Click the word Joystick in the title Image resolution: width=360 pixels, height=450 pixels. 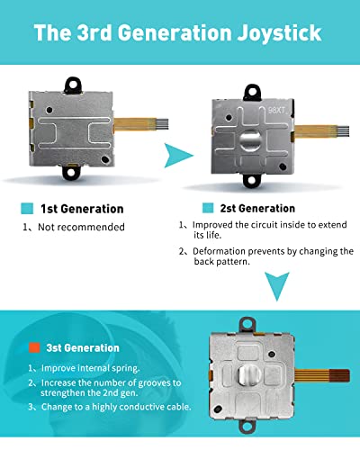[279, 33]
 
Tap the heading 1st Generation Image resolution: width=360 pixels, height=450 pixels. [82, 209]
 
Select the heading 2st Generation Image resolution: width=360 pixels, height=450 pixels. [257, 208]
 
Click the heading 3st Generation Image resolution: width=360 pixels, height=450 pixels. [83, 348]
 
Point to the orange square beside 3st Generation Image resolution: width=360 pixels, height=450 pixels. [34, 347]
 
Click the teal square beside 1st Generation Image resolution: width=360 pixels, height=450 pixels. [27, 209]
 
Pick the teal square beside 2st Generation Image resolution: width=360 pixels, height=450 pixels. [208, 208]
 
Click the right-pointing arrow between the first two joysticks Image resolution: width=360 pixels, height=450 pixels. [176, 156]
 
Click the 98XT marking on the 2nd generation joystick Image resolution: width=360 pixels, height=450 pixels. [276, 110]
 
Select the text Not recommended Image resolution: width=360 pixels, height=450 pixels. [81, 227]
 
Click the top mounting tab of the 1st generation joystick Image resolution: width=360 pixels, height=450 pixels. [73, 85]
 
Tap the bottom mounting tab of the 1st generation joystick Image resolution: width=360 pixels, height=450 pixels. [71, 172]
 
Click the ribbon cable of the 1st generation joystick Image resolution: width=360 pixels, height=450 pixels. [140, 124]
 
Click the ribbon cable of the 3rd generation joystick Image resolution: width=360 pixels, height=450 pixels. [322, 375]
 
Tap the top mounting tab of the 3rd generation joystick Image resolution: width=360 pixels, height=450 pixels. [247, 325]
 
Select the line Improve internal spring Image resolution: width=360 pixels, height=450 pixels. [90, 368]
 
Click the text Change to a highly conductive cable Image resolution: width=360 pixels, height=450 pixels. [116, 407]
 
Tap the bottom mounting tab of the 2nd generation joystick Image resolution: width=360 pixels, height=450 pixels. [252, 181]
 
